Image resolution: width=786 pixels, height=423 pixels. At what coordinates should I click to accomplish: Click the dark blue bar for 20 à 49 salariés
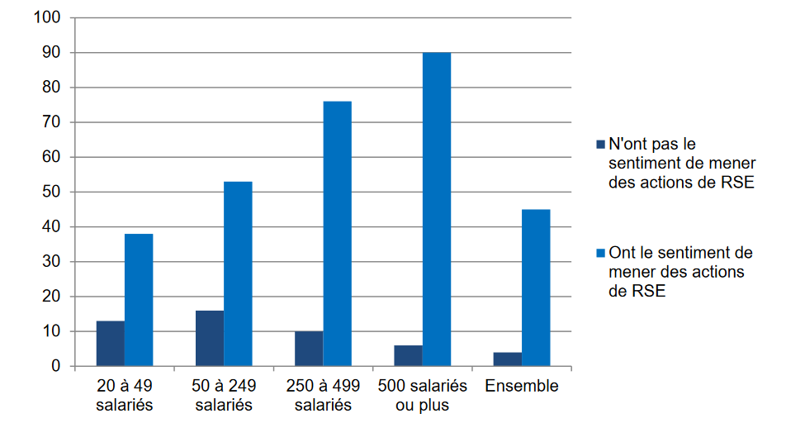tap(111, 343)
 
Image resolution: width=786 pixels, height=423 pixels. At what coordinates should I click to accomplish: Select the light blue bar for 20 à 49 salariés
tap(139, 300)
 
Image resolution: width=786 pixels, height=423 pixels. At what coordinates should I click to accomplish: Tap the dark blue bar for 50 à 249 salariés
tap(210, 338)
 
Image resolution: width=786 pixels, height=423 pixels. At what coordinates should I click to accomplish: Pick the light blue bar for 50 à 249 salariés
tap(238, 273)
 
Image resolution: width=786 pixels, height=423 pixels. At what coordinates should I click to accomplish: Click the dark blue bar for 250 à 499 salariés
tap(309, 348)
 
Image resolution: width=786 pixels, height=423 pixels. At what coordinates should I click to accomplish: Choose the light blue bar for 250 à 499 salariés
tap(337, 234)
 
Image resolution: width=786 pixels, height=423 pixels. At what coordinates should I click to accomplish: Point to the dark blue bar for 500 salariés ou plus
tap(408, 355)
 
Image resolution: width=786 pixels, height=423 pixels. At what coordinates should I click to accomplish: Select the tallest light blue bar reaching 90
tap(436, 209)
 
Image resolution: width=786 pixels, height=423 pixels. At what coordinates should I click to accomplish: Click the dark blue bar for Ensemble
tap(508, 359)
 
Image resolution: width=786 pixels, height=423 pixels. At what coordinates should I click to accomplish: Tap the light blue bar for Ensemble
tap(536, 288)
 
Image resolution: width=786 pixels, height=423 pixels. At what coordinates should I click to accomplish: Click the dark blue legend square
tap(600, 145)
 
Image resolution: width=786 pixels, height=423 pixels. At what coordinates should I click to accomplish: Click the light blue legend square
tap(600, 253)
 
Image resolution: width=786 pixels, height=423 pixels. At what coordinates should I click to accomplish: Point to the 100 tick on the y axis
tap(49, 17)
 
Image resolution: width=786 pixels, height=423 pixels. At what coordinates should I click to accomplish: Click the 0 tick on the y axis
tap(56, 366)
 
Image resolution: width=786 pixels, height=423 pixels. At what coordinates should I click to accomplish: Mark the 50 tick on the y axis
tap(52, 192)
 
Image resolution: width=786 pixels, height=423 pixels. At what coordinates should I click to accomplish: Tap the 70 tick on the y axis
tap(52, 122)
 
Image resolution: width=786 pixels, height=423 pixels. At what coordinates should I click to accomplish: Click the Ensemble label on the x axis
tap(522, 386)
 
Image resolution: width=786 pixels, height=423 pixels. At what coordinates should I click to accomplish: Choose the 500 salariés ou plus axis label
tap(422, 396)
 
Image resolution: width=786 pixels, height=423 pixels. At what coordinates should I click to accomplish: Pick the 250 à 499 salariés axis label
tap(323, 396)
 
